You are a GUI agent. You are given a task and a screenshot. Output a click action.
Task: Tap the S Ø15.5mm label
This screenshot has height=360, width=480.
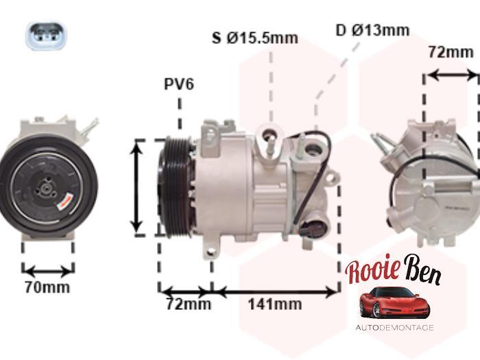pos(254,38)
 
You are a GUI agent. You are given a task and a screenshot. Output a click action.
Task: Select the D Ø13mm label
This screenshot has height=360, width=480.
pos(372,30)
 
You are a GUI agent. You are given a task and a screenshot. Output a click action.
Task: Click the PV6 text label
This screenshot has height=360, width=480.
pos(179,84)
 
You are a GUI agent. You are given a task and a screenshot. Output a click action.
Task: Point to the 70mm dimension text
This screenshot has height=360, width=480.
pos(47,287)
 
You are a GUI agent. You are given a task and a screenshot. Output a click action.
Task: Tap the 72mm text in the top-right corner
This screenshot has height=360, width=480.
pos(451,52)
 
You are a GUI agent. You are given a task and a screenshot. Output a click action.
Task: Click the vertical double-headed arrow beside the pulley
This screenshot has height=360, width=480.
pos(139,187)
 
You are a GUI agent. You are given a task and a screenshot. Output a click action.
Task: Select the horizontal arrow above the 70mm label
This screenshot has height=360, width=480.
pos(47,269)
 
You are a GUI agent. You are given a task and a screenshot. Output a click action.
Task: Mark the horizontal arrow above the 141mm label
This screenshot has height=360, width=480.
pos(276,291)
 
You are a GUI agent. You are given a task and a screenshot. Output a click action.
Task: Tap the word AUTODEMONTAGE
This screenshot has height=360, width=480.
pos(394,328)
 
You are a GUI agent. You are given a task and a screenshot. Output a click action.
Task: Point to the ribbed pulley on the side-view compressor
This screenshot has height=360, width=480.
pos(171,186)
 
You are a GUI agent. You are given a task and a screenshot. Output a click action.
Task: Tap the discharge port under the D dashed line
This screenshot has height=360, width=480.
pos(314,147)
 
